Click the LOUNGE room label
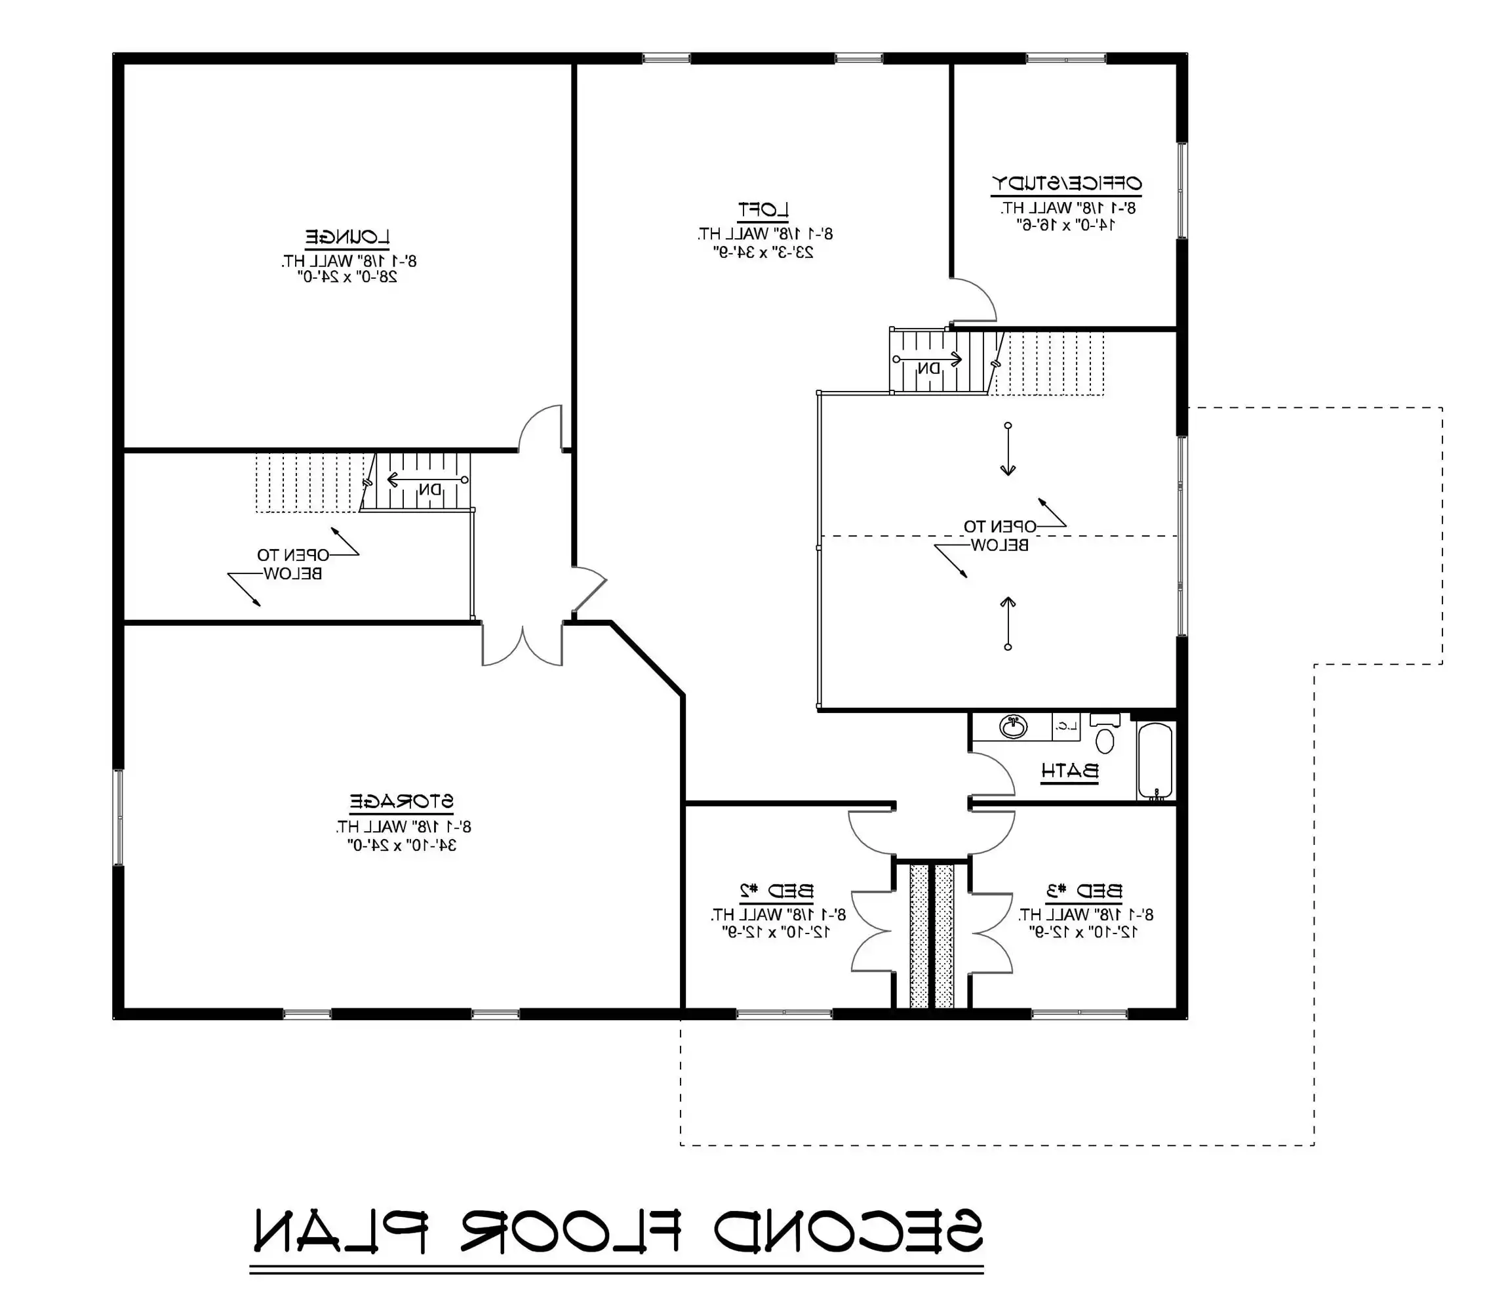click(x=347, y=237)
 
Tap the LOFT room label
click(x=763, y=210)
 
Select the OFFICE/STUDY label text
click(x=1066, y=183)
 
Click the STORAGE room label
click(x=402, y=802)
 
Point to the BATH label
click(x=1070, y=771)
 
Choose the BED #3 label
click(x=1084, y=891)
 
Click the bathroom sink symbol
click(x=1014, y=727)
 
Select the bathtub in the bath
click(x=1155, y=760)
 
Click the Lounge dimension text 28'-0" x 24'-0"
click(x=347, y=277)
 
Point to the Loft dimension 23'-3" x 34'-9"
click(x=763, y=253)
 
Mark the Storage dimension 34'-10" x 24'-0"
click(x=402, y=845)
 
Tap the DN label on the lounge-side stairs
click(x=430, y=489)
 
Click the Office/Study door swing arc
click(x=981, y=293)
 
